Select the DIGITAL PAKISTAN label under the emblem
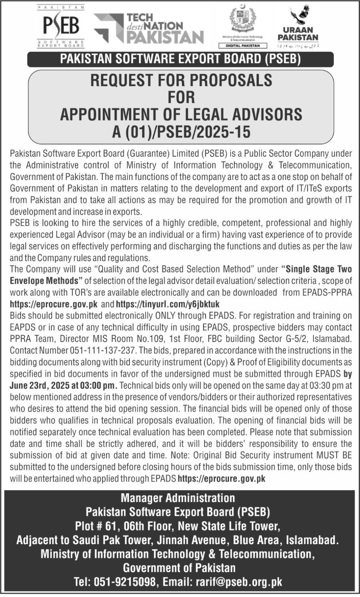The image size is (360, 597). click(247, 45)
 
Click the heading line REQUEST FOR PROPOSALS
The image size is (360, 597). click(181, 80)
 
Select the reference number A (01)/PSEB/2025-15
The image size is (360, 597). click(181, 132)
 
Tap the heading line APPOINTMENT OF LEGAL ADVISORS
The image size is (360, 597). click(181, 115)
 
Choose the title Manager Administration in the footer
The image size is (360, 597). click(178, 498)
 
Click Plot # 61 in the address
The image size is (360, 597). click(93, 526)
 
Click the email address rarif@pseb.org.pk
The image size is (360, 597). click(238, 582)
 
